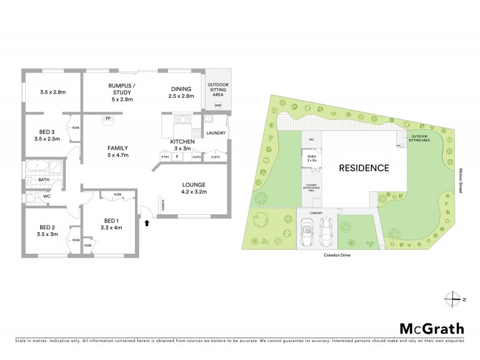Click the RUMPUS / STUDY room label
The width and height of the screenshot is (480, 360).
pos(121,92)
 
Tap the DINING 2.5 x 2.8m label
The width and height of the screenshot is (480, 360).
pos(181,92)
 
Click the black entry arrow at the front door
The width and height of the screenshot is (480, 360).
pos(148,223)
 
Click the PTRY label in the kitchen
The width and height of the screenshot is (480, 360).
pos(166,157)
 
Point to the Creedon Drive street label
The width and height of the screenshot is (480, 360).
pos(338,255)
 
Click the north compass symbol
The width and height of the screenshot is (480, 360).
pos(455,298)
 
